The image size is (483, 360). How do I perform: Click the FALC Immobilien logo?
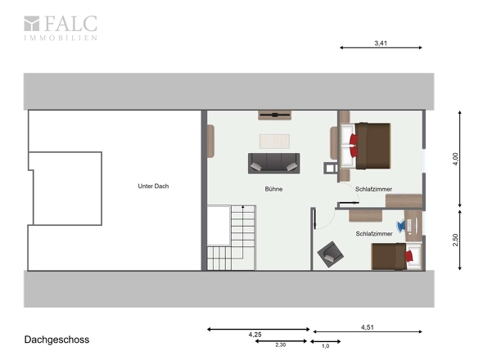(x=61, y=28)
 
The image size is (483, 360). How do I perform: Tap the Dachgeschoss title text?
(x=56, y=340)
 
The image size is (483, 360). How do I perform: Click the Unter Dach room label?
(x=153, y=186)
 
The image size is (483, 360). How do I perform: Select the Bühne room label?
(x=273, y=189)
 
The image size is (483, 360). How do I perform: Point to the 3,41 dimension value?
(x=381, y=43)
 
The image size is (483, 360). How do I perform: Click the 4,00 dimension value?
(x=456, y=159)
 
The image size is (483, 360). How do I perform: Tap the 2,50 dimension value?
(x=456, y=240)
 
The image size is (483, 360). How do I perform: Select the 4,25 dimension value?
(x=255, y=335)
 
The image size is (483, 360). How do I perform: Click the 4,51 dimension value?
(x=368, y=327)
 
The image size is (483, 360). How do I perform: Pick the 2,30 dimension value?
(x=281, y=345)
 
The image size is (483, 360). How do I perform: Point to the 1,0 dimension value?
(x=326, y=346)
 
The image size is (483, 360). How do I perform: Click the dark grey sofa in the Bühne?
(x=274, y=163)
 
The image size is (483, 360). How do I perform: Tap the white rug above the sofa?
(x=274, y=141)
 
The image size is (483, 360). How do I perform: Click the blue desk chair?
(x=401, y=226)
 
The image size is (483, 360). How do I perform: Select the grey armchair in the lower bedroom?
(x=331, y=254)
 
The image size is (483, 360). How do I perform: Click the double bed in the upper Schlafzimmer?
(x=366, y=146)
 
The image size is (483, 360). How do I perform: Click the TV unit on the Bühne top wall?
(x=275, y=115)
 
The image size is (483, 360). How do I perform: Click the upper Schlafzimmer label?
(x=373, y=189)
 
